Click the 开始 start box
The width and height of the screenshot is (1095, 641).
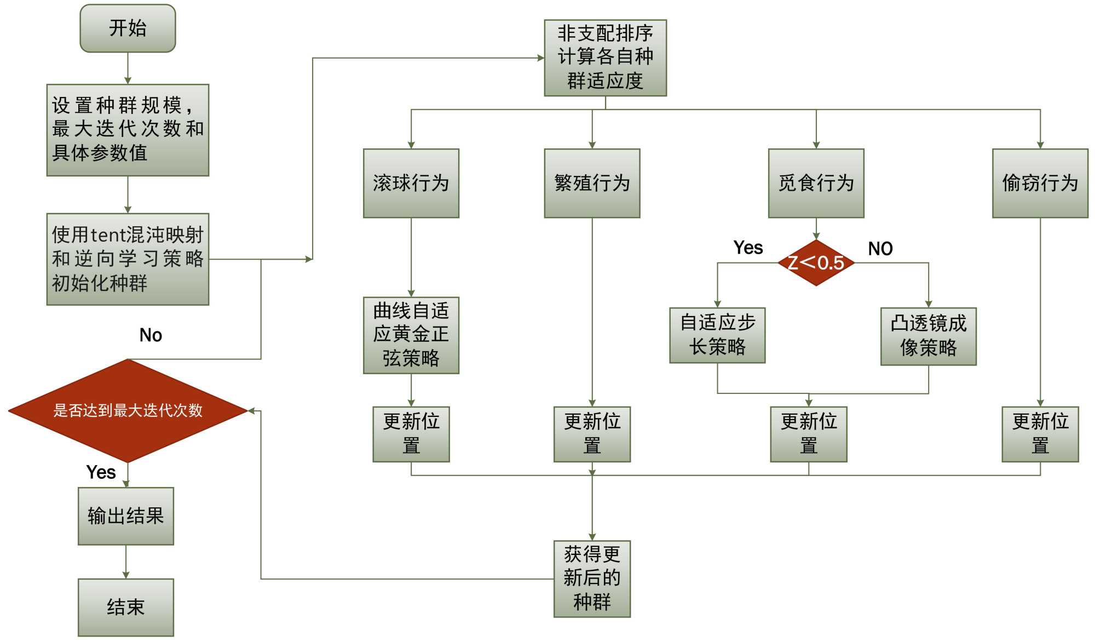(x=128, y=28)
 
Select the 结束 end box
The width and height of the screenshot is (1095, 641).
(x=126, y=607)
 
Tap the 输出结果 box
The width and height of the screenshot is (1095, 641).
(x=126, y=516)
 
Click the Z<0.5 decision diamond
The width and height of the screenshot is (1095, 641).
(x=816, y=263)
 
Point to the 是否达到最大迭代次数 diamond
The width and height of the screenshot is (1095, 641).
(x=128, y=410)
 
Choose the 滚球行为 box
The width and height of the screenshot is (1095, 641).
(x=411, y=183)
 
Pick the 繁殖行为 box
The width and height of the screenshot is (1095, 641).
(x=592, y=183)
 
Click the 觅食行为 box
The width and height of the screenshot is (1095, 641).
(x=816, y=183)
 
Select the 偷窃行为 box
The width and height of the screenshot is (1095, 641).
(x=1040, y=183)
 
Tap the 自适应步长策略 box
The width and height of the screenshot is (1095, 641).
(x=717, y=335)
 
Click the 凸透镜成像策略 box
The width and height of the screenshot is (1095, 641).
(x=929, y=336)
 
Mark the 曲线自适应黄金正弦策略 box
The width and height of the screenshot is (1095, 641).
(x=411, y=335)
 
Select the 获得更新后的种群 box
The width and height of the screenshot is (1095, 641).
(x=592, y=579)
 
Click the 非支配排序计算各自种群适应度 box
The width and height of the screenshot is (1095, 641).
(x=605, y=58)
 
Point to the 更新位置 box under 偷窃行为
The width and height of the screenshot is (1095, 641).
(x=1040, y=434)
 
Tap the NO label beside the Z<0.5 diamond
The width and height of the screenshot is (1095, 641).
(x=880, y=249)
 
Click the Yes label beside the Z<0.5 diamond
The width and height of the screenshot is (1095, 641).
(x=748, y=248)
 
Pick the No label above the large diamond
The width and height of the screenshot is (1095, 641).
(x=151, y=335)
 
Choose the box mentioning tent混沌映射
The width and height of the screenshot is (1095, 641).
(x=128, y=259)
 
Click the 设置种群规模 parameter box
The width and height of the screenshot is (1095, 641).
(x=128, y=130)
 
